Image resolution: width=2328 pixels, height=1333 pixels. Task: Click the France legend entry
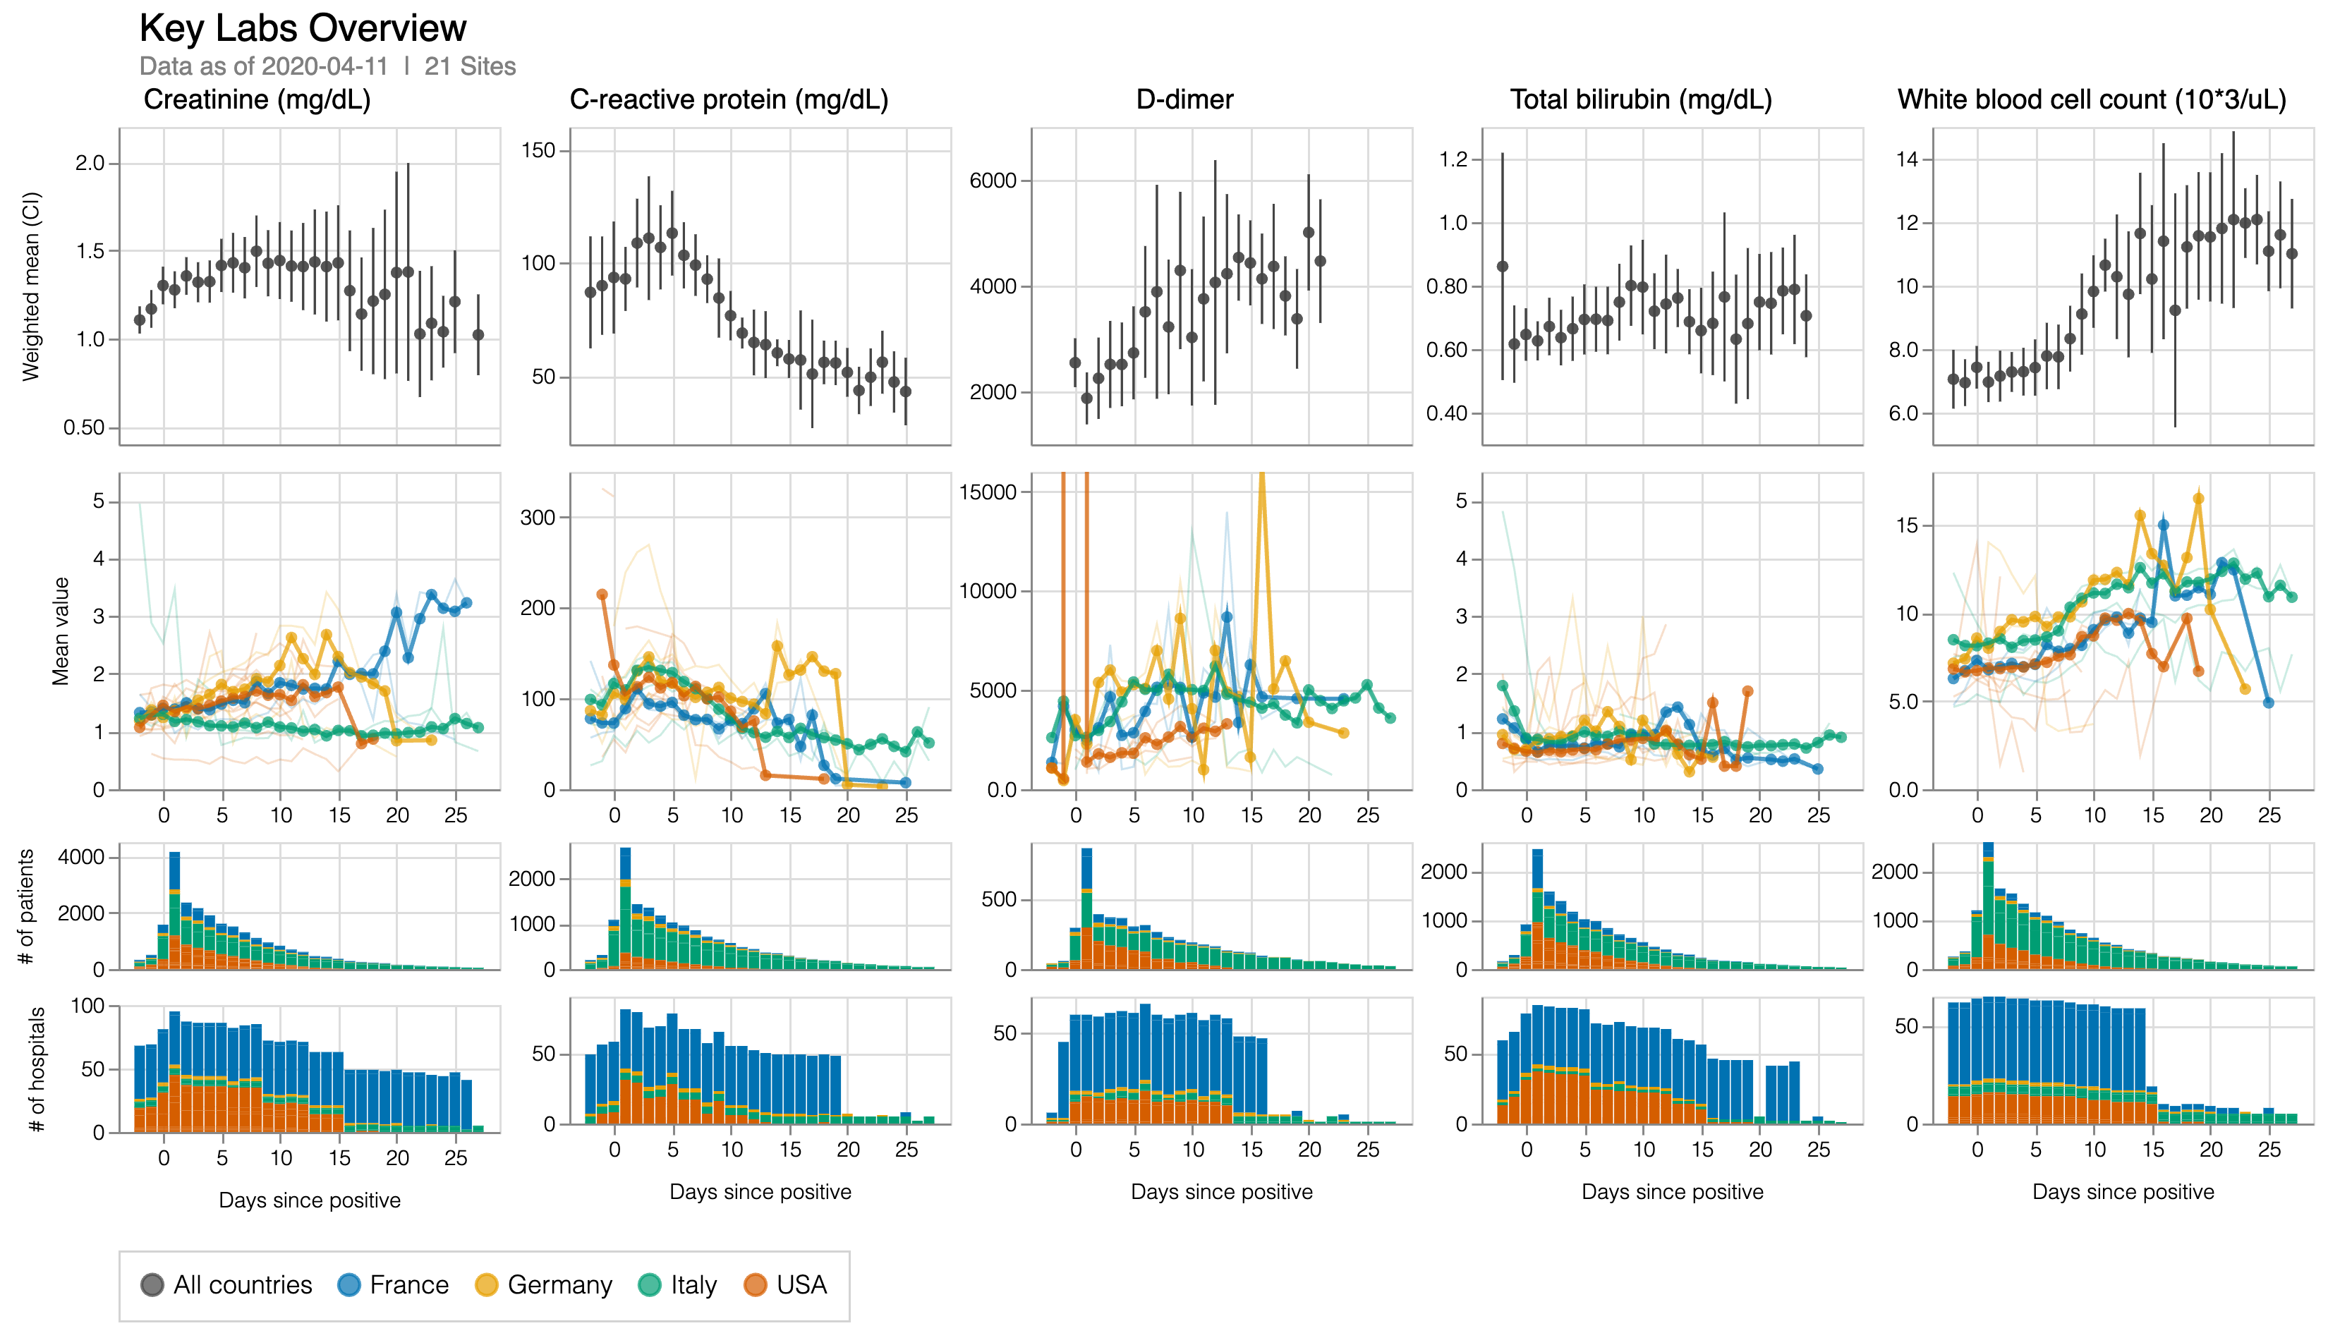(x=393, y=1284)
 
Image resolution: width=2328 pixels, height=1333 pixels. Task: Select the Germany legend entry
(x=543, y=1284)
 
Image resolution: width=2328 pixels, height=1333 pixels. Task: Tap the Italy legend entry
(x=677, y=1284)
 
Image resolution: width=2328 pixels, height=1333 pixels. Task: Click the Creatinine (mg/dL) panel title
(x=257, y=99)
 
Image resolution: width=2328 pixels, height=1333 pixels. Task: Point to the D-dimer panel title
(x=1184, y=99)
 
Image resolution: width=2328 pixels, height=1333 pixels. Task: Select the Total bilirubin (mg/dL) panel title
(x=1640, y=99)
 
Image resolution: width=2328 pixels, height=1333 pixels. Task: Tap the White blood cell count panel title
(x=2092, y=99)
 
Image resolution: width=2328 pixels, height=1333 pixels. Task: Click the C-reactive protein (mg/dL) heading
(x=729, y=99)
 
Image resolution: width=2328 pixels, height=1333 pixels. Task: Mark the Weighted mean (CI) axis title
(x=31, y=286)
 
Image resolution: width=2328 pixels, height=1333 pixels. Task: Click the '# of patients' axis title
(x=27, y=906)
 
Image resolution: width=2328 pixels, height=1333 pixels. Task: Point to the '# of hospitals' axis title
(x=37, y=1069)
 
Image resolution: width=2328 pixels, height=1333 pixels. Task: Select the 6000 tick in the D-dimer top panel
(x=993, y=181)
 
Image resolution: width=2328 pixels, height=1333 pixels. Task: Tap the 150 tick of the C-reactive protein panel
(x=539, y=150)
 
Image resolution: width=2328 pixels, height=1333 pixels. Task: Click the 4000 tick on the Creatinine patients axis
(x=80, y=857)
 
